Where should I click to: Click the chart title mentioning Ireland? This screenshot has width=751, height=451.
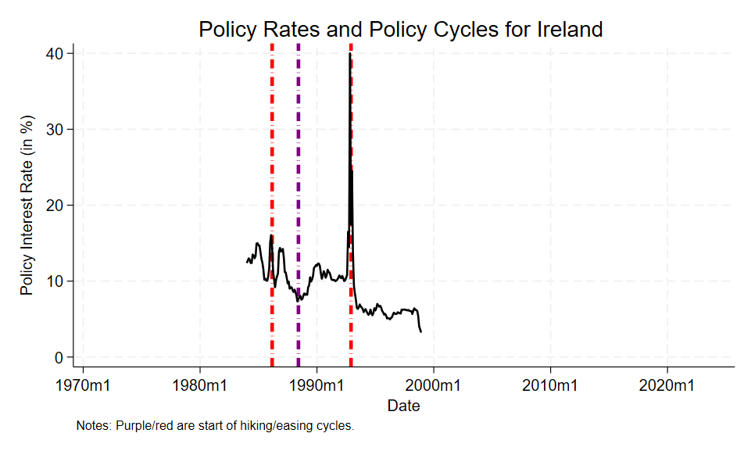pyautogui.click(x=401, y=30)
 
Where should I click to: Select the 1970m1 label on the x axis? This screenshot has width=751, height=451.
pyautogui.click(x=84, y=385)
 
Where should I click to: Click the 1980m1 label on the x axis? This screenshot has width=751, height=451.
pyautogui.click(x=200, y=385)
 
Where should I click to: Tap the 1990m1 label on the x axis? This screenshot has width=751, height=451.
pyautogui.click(x=316, y=385)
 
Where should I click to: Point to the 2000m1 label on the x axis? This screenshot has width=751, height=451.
pyautogui.click(x=434, y=385)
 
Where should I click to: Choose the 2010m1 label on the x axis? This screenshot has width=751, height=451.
pyautogui.click(x=550, y=385)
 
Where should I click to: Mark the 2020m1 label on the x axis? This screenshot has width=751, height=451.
pyautogui.click(x=667, y=385)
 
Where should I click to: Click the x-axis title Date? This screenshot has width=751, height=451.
pyautogui.click(x=403, y=406)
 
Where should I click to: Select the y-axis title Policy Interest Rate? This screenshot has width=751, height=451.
pyautogui.click(x=27, y=205)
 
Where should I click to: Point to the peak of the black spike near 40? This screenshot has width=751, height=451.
pyautogui.click(x=349, y=54)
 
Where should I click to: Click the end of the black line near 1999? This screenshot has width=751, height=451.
pyautogui.click(x=421, y=331)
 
